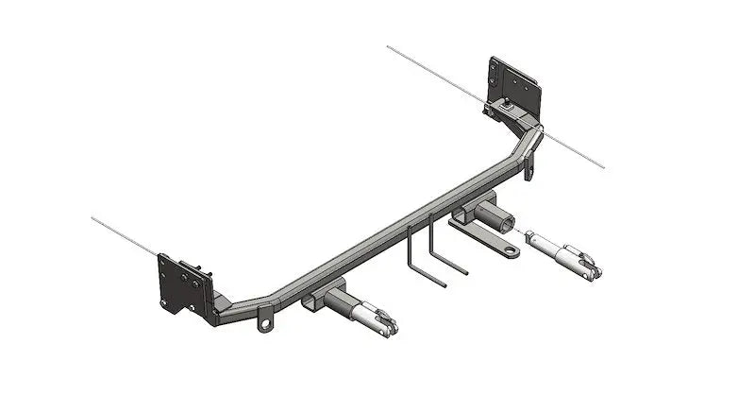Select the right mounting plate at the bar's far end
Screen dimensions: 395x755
pyautogui.click(x=515, y=84)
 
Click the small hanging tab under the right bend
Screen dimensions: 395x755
pyautogui.click(x=529, y=168)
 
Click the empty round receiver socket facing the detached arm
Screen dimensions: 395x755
pyautogui.click(x=507, y=222)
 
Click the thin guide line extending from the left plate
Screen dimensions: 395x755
pyautogui.click(x=123, y=236)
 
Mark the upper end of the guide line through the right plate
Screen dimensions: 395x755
pyautogui.click(x=390, y=46)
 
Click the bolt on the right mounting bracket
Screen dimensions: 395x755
pyautogui.click(x=508, y=106)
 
